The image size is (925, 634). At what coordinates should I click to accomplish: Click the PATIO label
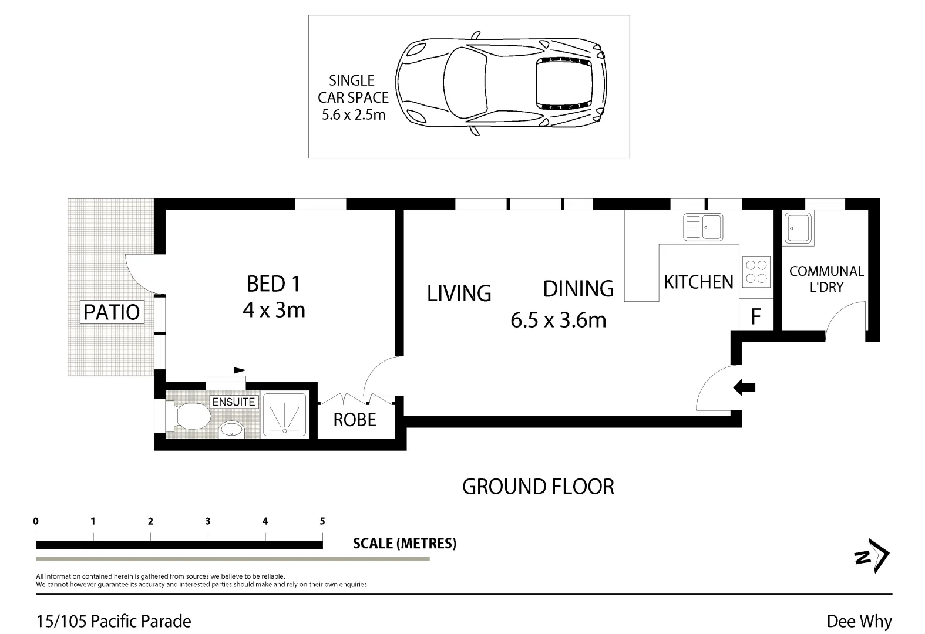point(112,312)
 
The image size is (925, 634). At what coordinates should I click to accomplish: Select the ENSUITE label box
point(234,402)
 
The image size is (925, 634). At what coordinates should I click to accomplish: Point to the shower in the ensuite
point(284,414)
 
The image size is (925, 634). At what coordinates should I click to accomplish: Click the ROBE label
point(355,420)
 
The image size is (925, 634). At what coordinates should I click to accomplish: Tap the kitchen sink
point(703,227)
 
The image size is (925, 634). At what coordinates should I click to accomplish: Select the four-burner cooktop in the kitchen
point(756,272)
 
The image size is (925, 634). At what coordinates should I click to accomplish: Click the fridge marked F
point(756,317)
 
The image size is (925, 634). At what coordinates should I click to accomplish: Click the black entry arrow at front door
point(745,387)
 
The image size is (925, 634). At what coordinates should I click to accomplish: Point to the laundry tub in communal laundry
point(799,228)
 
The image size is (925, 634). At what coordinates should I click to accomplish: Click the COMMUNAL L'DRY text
point(826,279)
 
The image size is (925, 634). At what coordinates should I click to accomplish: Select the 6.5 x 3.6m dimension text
point(558,320)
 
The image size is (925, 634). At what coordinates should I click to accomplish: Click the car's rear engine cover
point(564,84)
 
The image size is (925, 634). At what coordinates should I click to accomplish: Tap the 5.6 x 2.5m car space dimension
point(354,114)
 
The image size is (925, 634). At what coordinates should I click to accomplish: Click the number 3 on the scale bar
point(208,521)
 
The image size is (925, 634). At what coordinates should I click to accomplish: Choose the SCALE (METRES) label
point(404,544)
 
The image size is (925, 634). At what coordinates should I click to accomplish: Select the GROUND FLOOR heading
point(538,487)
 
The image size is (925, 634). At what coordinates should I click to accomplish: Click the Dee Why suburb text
point(859,621)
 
